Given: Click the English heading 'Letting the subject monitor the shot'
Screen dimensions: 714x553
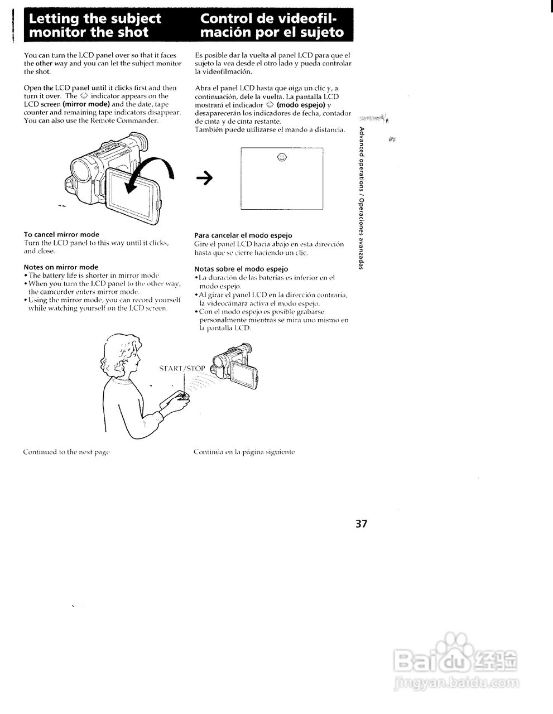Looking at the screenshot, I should [x=95, y=26].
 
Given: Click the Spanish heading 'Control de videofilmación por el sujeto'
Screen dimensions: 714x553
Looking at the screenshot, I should [x=272, y=26].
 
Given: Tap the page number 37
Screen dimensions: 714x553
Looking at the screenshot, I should [x=361, y=524].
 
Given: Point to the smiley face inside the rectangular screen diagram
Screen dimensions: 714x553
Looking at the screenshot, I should [x=282, y=157].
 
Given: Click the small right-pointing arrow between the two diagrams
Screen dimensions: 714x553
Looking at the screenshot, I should [x=204, y=178].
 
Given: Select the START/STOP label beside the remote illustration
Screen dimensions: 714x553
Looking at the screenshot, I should [x=182, y=369].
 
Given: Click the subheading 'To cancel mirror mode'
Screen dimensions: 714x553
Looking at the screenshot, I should [x=61, y=234].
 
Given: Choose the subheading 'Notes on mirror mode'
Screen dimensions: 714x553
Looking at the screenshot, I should [x=61, y=267].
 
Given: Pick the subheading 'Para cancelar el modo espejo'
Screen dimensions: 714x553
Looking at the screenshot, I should [x=243, y=235].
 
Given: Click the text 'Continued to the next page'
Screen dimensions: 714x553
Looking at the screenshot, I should [x=66, y=451].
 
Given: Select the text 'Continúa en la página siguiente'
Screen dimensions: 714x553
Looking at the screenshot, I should [x=244, y=451].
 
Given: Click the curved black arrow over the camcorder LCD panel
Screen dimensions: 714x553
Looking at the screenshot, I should [x=150, y=173].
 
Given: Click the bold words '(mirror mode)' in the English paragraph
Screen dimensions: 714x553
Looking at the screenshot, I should [x=86, y=104].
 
